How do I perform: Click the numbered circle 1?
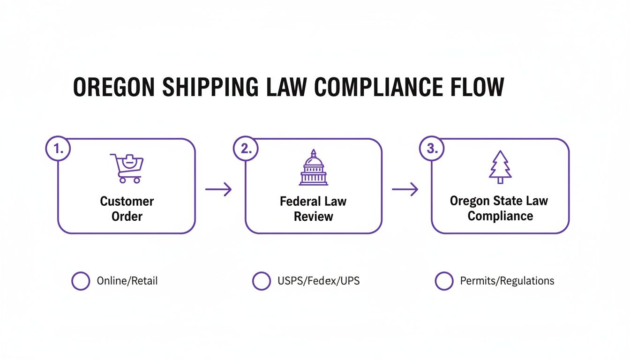point(58,149)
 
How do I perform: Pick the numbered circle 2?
point(245,149)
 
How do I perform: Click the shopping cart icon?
point(127,168)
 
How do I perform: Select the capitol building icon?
point(314,168)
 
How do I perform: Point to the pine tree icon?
point(500,167)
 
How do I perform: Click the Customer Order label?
point(127,209)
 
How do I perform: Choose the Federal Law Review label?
point(313,209)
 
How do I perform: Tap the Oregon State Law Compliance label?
point(500,209)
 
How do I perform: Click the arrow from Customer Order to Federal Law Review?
point(218,189)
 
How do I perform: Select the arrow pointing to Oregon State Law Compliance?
point(405,189)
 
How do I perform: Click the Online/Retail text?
point(127,281)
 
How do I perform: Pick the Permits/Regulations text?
point(507,281)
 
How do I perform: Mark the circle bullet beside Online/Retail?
point(81,281)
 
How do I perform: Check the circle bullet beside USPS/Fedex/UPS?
point(261,281)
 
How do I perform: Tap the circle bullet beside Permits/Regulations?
point(444,281)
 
